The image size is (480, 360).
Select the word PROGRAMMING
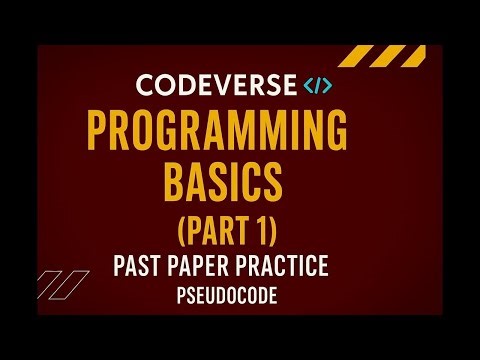pos(239,132)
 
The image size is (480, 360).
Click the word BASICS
pos(239,184)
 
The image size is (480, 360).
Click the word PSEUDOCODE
pos(239,298)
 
